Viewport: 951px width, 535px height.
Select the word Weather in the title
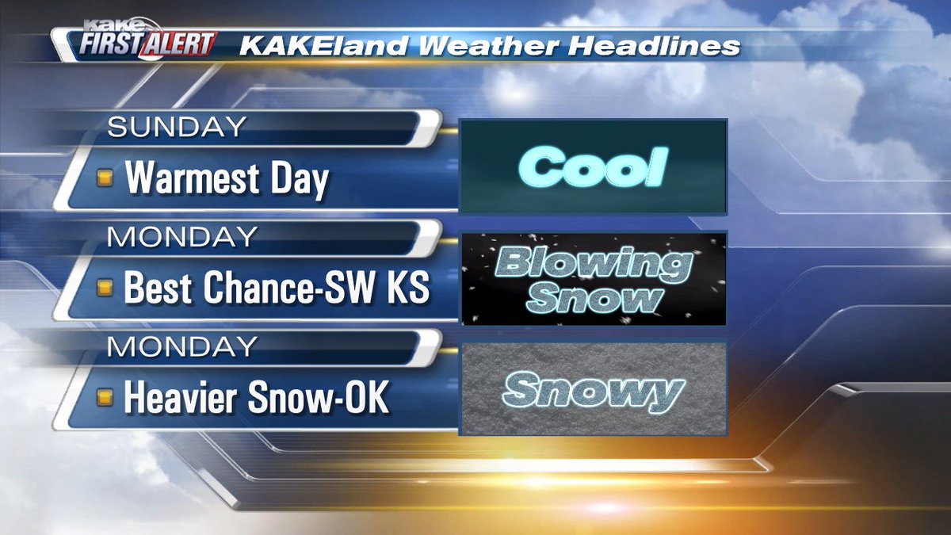point(475,46)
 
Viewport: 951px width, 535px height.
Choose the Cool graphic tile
point(593,166)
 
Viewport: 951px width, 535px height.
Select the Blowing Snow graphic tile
point(593,279)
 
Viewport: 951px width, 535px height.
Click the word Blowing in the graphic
point(593,264)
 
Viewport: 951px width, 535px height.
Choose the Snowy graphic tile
point(593,388)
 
